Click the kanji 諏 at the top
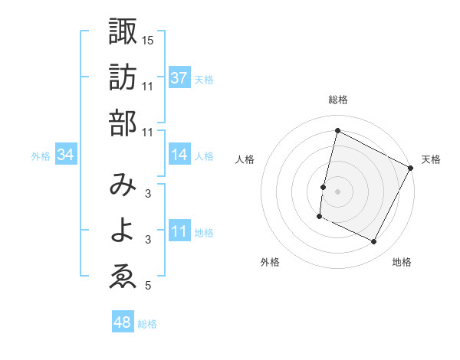tap(123, 32)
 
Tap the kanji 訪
tap(123, 79)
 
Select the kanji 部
tap(123, 124)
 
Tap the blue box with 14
tap(179, 155)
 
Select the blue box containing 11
tap(179, 231)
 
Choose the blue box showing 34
tap(66, 155)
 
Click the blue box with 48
tap(123, 322)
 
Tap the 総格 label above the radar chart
tap(338, 100)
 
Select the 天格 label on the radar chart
tap(431, 159)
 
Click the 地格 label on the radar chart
tap(402, 262)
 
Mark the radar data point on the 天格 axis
tap(412, 167)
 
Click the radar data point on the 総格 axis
tap(338, 130)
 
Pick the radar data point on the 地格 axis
tap(374, 242)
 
